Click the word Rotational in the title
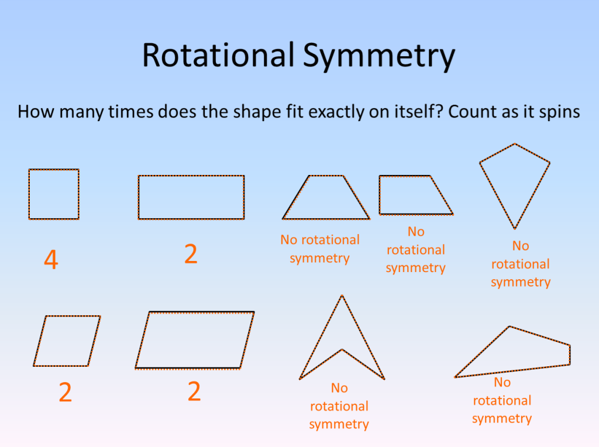pyautogui.click(x=218, y=56)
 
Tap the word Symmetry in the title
pyautogui.click(x=378, y=57)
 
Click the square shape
pyautogui.click(x=53, y=194)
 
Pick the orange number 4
pyautogui.click(x=51, y=260)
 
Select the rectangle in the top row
pyautogui.click(x=191, y=197)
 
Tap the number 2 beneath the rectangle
pyautogui.click(x=191, y=254)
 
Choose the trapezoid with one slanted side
pyautogui.click(x=412, y=195)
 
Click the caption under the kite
pyautogui.click(x=521, y=264)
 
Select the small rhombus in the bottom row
pyautogui.click(x=67, y=341)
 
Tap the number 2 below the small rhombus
pyautogui.click(x=65, y=392)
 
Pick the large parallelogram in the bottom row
pyautogui.click(x=195, y=340)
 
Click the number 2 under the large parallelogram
pyautogui.click(x=194, y=391)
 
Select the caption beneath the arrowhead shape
pyautogui.click(x=339, y=406)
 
